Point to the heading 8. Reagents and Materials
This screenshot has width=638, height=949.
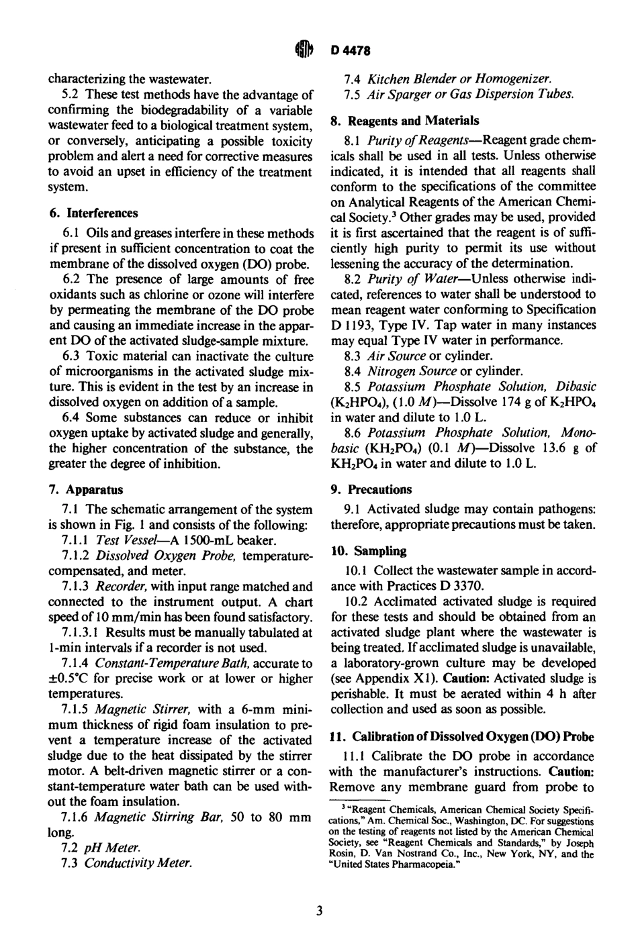(x=405, y=121)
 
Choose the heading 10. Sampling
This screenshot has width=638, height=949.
(x=369, y=551)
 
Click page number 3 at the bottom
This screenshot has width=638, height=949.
(x=320, y=911)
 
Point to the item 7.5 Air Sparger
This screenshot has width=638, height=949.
(x=459, y=94)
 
